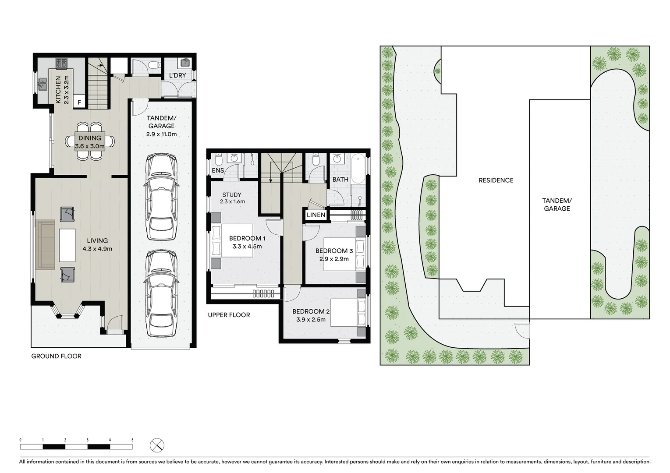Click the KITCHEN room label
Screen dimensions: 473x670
[58, 90]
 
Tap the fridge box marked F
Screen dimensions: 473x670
[79, 102]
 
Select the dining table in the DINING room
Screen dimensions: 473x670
[90, 141]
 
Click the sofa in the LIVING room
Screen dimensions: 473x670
[46, 244]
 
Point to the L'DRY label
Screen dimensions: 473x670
[177, 75]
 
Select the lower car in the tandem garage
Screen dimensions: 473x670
[162, 293]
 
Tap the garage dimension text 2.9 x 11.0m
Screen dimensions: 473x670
[162, 134]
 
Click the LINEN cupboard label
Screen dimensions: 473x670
[316, 215]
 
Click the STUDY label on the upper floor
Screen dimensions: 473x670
[232, 194]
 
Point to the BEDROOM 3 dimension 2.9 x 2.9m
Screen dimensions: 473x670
[334, 258]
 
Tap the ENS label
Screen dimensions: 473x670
[218, 170]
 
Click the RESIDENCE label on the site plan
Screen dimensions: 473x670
[496, 180]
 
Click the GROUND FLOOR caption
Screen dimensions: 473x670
[56, 356]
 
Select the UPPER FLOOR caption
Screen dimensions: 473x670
[229, 314]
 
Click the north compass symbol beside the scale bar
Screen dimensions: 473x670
[157, 445]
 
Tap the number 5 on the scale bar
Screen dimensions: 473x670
[132, 440]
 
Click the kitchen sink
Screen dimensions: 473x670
[43, 84]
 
